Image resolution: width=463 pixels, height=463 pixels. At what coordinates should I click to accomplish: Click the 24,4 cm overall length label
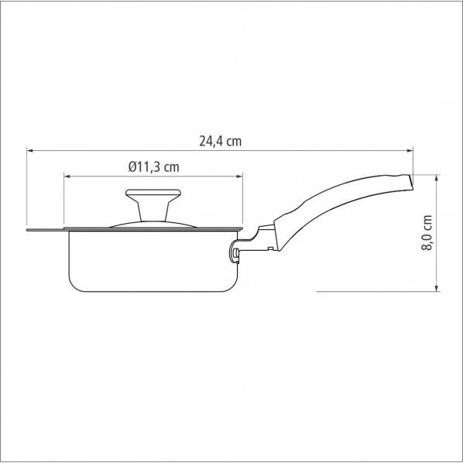pyautogui.click(x=220, y=141)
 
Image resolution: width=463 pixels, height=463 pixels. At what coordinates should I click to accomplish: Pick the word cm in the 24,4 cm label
pyautogui.click(x=233, y=141)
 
